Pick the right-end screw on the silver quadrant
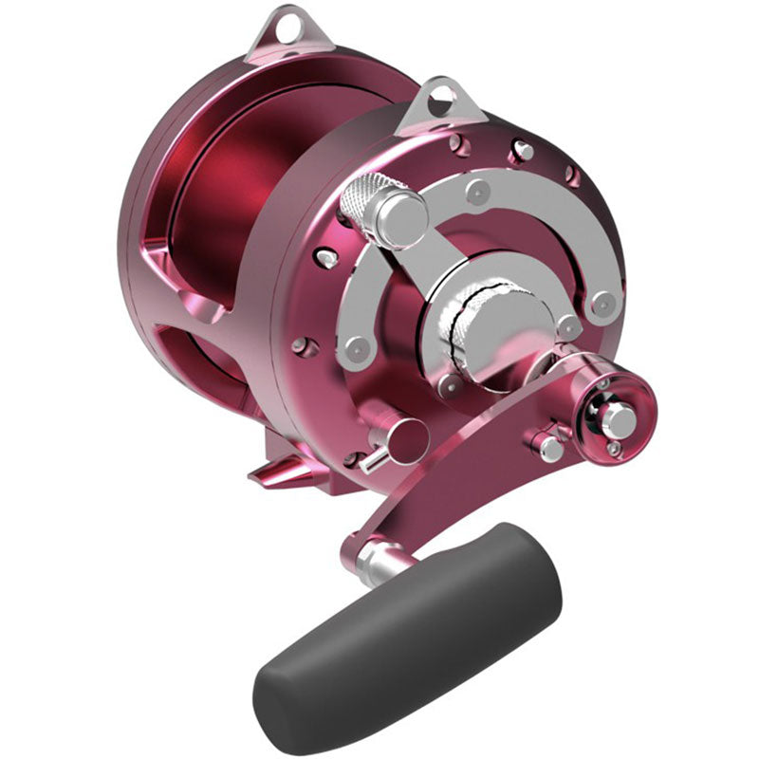point(600,305)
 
